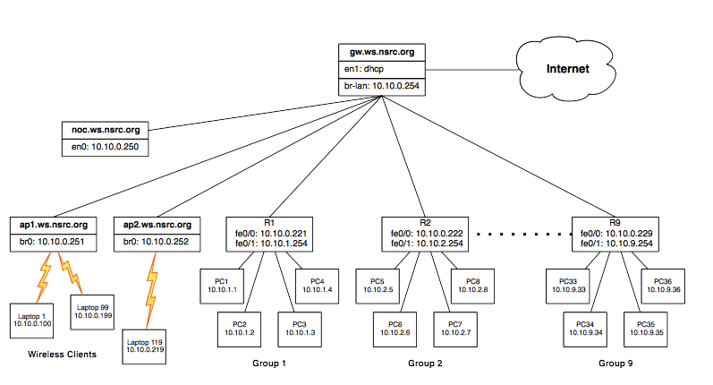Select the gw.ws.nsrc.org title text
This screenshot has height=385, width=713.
pos(381,52)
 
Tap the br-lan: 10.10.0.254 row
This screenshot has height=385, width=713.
pos(381,87)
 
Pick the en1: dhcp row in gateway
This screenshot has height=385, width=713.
pos(381,69)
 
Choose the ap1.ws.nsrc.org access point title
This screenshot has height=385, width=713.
pos(54,224)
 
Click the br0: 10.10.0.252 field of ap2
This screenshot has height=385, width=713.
pos(155,241)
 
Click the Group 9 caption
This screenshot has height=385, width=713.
pos(615,364)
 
